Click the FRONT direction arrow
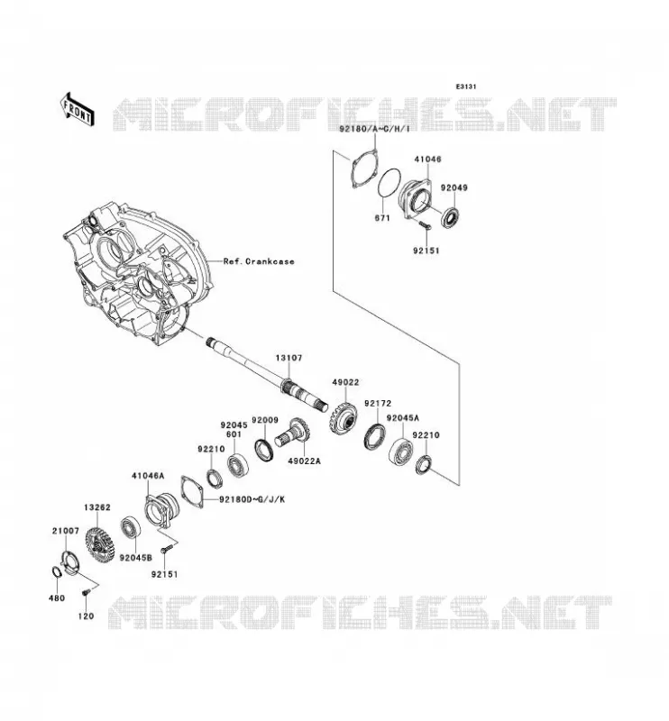(x=78, y=109)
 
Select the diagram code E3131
(x=466, y=87)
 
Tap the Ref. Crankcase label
(x=259, y=261)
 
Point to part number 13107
(x=289, y=357)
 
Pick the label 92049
(x=454, y=187)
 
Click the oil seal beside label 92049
(x=450, y=217)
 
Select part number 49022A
(x=304, y=461)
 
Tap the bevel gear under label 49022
(x=344, y=417)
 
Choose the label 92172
(x=378, y=403)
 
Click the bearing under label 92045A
(x=400, y=452)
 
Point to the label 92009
(x=265, y=420)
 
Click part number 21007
(x=65, y=531)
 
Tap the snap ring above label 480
(x=56, y=572)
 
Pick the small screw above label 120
(x=85, y=594)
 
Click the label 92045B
(x=135, y=558)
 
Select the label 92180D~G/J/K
(x=252, y=499)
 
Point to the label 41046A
(x=148, y=476)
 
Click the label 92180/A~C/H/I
(x=374, y=129)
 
